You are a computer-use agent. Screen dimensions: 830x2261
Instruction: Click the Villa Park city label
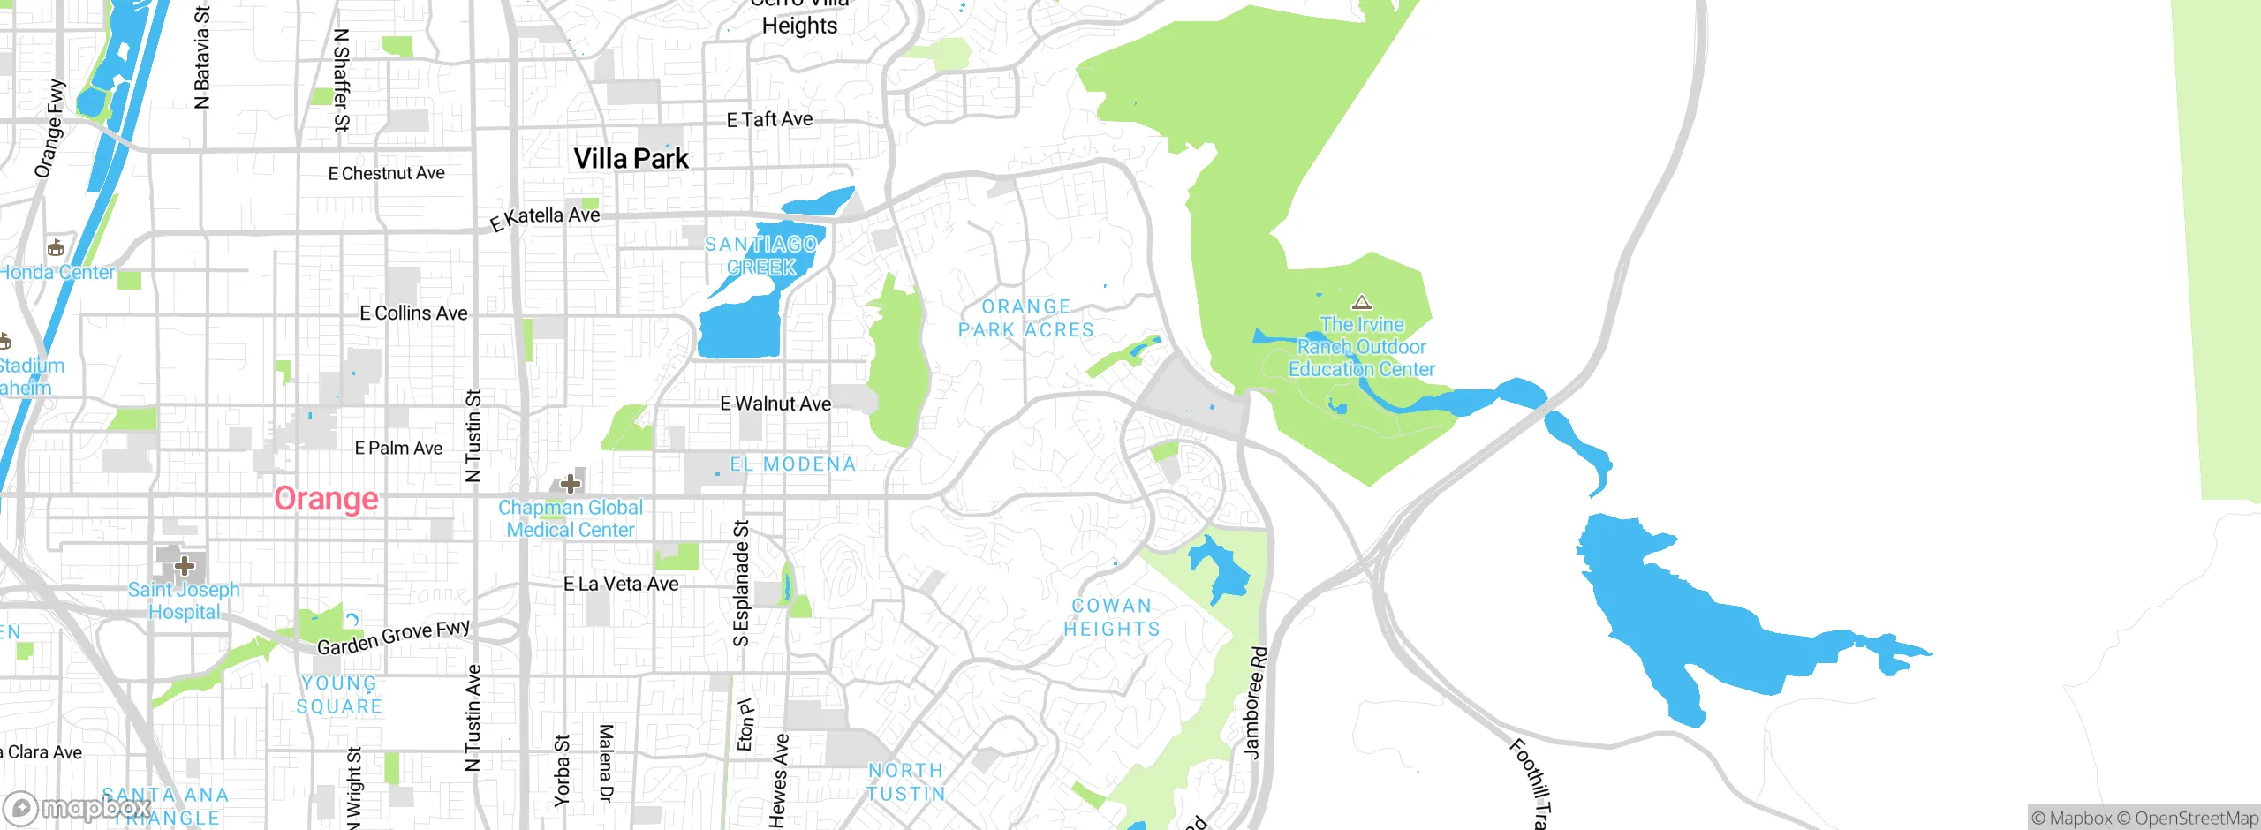click(x=631, y=159)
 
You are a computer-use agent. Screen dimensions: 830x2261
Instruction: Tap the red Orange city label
click(x=326, y=499)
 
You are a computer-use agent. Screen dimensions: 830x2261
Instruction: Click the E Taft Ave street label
click(x=769, y=119)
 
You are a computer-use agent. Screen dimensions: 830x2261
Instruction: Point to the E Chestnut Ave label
click(x=386, y=173)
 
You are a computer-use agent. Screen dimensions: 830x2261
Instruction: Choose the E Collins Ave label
click(x=413, y=313)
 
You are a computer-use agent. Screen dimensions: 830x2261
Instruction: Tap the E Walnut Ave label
click(x=775, y=404)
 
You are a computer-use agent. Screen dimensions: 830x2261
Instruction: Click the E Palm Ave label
click(x=398, y=449)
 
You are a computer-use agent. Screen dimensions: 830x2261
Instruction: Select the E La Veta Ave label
click(x=621, y=584)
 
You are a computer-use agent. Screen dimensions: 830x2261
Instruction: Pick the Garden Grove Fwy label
click(x=394, y=638)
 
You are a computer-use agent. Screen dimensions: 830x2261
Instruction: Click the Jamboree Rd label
click(x=1255, y=703)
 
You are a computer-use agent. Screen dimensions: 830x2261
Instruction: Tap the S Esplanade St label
click(x=742, y=583)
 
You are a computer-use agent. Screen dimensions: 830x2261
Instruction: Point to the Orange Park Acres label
click(x=1026, y=318)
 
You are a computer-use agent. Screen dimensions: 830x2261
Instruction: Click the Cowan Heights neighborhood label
click(x=1111, y=617)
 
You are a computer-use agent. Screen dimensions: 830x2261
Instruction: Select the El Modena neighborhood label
click(x=792, y=464)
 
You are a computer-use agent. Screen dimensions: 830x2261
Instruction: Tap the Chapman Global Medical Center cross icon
click(x=571, y=483)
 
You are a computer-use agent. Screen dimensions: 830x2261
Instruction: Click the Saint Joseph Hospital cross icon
click(x=184, y=565)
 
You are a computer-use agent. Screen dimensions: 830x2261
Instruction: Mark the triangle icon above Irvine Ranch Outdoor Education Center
click(x=1362, y=303)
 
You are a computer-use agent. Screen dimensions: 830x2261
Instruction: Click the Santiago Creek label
click(x=760, y=255)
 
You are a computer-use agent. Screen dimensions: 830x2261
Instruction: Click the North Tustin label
click(x=906, y=782)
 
